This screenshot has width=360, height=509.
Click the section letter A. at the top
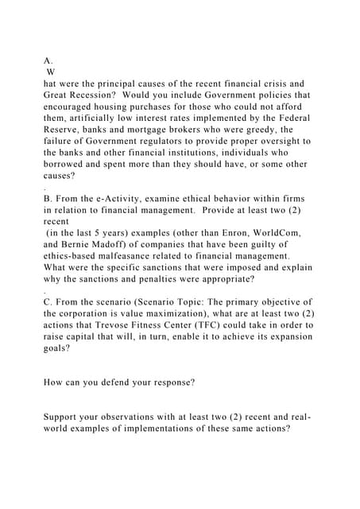(48, 60)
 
